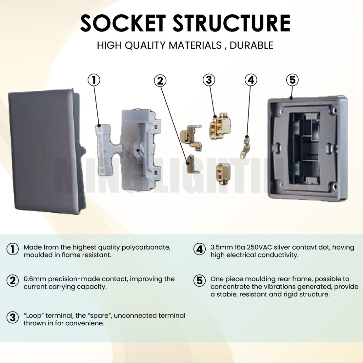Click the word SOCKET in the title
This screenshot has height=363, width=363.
pyautogui.click(x=123, y=24)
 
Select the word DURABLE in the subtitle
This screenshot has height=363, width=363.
pyautogui.click(x=252, y=45)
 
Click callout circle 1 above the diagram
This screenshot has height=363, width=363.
pyautogui.click(x=94, y=80)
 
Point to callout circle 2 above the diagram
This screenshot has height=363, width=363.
pyautogui.click(x=160, y=81)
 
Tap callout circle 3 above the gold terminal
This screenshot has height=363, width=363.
pyautogui.click(x=209, y=80)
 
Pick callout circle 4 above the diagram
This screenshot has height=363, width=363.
pyautogui.click(x=251, y=80)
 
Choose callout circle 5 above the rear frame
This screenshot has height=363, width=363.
pyautogui.click(x=292, y=80)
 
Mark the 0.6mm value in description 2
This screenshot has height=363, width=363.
pyautogui.click(x=33, y=279)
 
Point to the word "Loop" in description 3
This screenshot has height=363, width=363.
pyautogui.click(x=33, y=315)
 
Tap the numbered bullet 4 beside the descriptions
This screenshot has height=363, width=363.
pyautogui.click(x=200, y=249)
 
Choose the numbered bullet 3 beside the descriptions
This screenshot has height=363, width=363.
pyautogui.click(x=13, y=317)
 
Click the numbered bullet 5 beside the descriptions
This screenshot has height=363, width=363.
pyautogui.click(x=200, y=281)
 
